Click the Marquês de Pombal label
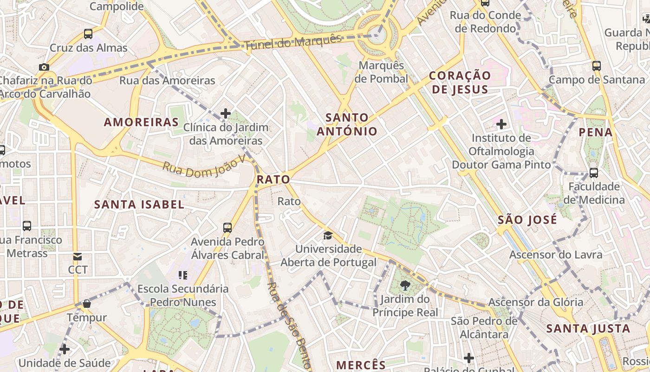pos(381,72)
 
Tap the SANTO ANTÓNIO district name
pos(347,124)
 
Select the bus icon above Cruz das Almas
pos(88,34)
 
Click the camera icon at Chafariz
pos(44,67)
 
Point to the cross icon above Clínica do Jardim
pos(226,113)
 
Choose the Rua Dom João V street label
pos(203,166)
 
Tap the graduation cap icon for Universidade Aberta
pos(328,235)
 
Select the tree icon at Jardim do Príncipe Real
pos(405,285)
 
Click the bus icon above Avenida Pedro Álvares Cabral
pos(227,227)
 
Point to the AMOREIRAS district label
pos(141,122)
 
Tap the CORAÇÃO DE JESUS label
pos(460,82)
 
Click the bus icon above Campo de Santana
pos(597,66)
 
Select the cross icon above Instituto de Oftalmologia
pos(501,124)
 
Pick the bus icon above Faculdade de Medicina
pos(593,173)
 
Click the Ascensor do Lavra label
pos(556,254)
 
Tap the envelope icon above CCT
pos(77,256)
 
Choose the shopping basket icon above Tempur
pos(86,304)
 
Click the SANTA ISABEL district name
pos(139,205)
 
